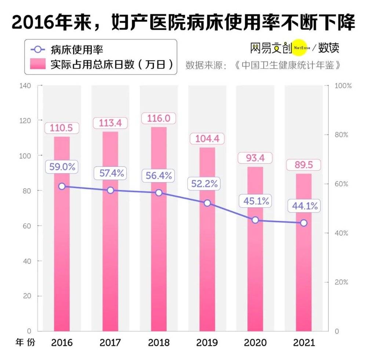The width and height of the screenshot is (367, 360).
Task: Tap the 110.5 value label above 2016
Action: (x=62, y=128)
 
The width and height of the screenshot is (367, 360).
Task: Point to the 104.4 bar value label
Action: (x=207, y=139)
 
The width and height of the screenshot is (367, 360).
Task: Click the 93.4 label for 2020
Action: (x=255, y=158)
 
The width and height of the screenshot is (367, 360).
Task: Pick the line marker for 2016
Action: (x=62, y=186)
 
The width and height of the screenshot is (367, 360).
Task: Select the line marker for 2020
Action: (x=255, y=220)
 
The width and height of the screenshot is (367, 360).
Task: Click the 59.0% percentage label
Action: (x=62, y=167)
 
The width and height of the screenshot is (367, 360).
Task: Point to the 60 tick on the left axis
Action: (x=26, y=226)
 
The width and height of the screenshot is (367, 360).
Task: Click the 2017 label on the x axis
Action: (x=110, y=343)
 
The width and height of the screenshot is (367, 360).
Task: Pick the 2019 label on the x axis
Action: (x=207, y=343)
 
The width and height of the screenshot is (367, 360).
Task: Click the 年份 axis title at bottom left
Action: (x=26, y=342)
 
